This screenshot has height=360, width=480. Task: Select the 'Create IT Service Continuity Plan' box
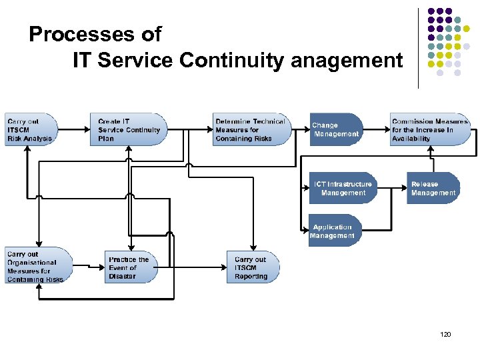(x=127, y=130)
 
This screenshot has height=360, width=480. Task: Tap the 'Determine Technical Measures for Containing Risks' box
(x=252, y=130)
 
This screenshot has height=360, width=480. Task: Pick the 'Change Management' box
(x=336, y=130)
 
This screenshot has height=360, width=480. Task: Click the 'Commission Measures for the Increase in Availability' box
(x=431, y=130)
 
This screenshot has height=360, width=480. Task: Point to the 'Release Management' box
(x=433, y=188)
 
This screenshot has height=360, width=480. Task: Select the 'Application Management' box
(x=334, y=231)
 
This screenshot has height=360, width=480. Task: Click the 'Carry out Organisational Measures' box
(x=37, y=266)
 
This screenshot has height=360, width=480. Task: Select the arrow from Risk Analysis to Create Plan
(x=74, y=130)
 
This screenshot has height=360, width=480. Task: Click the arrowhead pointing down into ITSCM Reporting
(x=254, y=247)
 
